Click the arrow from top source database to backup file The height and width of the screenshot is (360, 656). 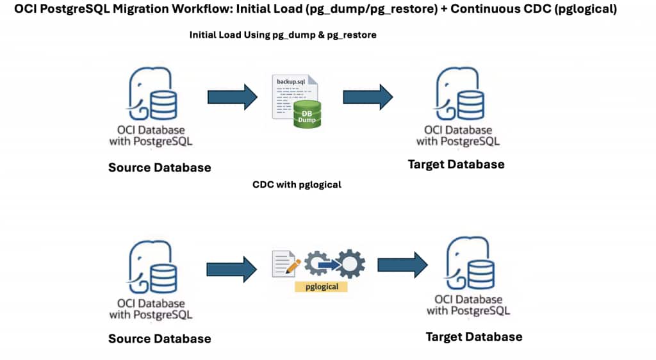coord(232,97)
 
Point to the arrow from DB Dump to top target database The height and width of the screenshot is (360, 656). coord(368,97)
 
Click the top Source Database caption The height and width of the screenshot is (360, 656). coord(160,167)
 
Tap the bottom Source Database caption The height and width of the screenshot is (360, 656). coord(160,338)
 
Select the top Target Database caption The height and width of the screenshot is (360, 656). coord(456,165)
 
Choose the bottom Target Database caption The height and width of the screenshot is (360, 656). coord(474,336)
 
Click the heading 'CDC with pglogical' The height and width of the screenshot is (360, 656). coord(297,184)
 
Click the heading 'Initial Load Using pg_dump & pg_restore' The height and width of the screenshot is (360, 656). coord(283,35)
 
